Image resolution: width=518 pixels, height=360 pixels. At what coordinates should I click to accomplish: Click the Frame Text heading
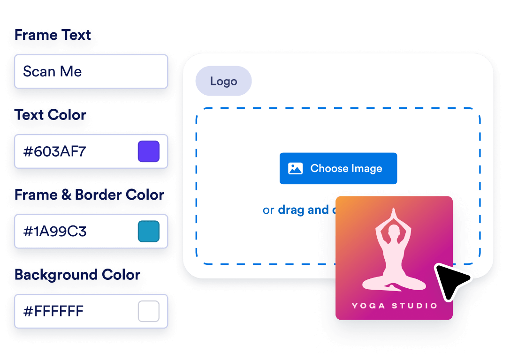(53, 36)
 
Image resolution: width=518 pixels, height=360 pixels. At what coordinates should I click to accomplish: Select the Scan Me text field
(91, 71)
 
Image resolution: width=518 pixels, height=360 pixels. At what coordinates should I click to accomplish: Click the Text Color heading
(51, 115)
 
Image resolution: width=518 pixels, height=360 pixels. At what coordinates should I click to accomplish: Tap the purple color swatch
(148, 151)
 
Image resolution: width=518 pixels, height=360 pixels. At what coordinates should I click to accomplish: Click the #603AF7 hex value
(54, 151)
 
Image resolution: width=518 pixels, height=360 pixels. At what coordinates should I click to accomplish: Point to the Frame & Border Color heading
(89, 195)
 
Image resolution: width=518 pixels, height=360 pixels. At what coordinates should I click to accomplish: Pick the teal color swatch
(148, 232)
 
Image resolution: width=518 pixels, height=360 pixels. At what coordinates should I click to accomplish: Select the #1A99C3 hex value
(55, 232)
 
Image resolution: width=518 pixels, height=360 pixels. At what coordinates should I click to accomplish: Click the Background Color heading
(77, 275)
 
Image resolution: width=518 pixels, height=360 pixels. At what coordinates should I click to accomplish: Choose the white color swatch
(148, 311)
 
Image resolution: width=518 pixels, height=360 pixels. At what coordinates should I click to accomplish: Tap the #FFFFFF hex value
(53, 311)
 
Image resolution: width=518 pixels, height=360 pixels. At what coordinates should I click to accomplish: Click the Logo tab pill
(223, 81)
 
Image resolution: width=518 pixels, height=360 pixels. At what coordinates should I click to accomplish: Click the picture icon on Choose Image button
(295, 168)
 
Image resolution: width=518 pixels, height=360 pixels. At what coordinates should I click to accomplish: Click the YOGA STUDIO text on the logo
(394, 306)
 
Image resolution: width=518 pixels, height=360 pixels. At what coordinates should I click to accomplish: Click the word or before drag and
(268, 210)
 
